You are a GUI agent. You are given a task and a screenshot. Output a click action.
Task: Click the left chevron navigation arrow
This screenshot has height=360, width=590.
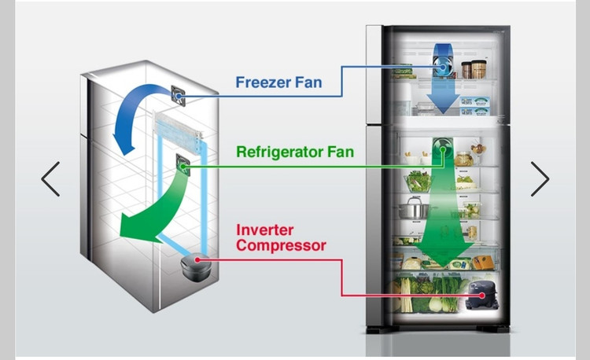[x=50, y=179]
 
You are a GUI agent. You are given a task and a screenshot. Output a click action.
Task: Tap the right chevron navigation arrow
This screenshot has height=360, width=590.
[x=540, y=179]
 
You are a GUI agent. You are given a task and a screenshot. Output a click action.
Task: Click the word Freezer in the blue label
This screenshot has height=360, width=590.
[x=264, y=82]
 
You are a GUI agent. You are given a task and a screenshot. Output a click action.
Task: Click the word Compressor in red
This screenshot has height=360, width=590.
[x=281, y=246]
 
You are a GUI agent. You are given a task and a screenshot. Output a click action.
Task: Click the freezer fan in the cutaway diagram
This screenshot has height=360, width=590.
[x=179, y=95]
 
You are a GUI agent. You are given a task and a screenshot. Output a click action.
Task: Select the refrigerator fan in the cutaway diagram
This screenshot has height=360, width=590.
[x=184, y=166]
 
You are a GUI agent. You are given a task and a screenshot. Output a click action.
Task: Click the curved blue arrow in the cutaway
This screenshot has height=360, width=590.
[x=135, y=118]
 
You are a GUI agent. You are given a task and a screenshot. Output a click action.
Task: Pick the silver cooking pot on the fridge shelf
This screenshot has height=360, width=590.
[x=415, y=209]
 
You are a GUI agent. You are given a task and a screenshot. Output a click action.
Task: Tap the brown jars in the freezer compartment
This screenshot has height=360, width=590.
[x=473, y=68]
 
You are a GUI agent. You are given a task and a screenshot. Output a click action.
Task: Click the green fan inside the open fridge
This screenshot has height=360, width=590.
[x=443, y=149]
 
